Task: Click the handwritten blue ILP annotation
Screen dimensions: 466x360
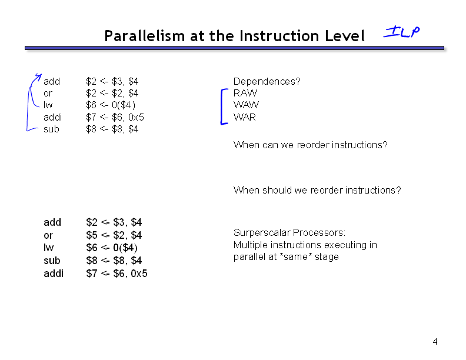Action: tap(401, 32)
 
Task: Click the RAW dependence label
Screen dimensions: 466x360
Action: tap(245, 93)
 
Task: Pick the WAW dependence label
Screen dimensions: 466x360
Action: tap(246, 105)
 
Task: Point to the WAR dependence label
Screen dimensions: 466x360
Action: tap(245, 117)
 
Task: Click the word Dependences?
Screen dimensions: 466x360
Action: tap(267, 81)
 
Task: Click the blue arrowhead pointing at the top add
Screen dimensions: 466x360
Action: tap(39, 76)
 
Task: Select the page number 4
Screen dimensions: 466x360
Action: tap(435, 342)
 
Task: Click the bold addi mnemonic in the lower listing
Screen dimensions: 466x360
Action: tap(54, 274)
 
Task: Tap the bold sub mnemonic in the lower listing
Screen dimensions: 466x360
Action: tap(52, 261)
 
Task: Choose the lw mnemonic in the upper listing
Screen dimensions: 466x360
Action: tap(48, 105)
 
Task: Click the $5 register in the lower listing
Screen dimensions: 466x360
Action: tap(92, 235)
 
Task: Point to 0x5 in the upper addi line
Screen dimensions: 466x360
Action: tap(136, 117)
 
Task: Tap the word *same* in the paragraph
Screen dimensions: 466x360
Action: tap(296, 256)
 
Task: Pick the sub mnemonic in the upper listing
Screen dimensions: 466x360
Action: tap(51, 129)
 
